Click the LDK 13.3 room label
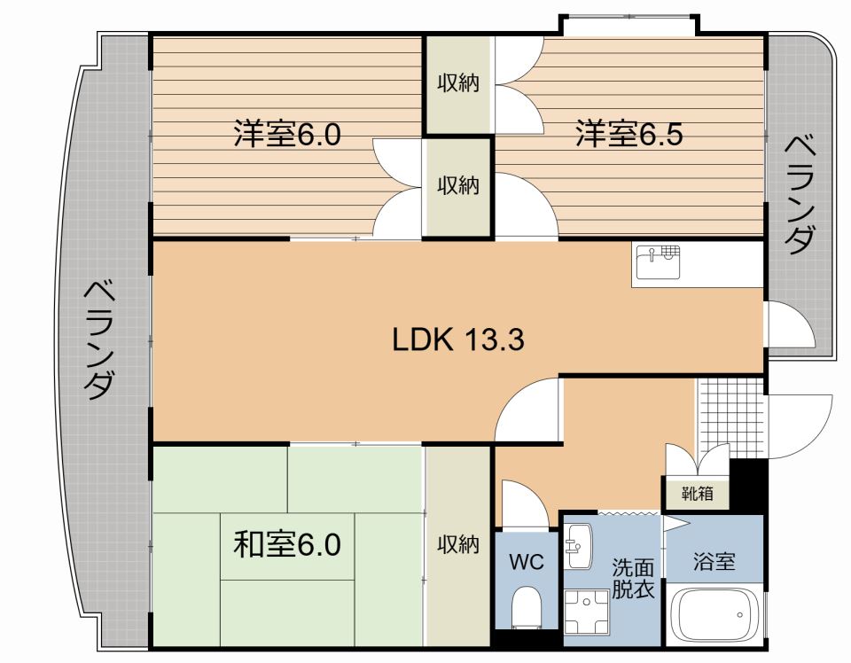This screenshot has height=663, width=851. (459, 339)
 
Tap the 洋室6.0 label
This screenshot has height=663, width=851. (287, 135)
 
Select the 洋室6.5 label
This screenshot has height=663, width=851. (628, 135)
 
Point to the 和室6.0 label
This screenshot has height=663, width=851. (287, 542)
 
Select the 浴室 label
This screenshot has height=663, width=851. (714, 561)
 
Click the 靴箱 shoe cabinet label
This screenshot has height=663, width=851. (698, 494)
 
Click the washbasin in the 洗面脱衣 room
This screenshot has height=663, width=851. (578, 546)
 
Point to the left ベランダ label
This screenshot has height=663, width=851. (100, 339)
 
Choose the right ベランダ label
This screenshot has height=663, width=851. (800, 193)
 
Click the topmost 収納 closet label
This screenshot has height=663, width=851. (457, 83)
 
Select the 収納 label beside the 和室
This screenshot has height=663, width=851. (457, 544)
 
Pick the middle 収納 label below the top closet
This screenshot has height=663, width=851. (457, 186)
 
